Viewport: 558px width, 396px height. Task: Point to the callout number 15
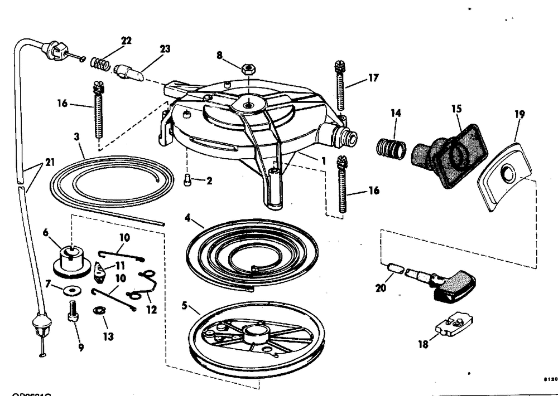(x=456, y=109)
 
